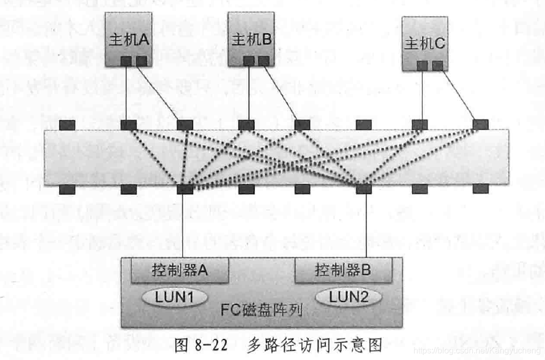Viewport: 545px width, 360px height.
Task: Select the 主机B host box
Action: (251, 39)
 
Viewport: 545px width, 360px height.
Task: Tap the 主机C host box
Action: (424, 43)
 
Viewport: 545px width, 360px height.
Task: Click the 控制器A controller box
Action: (180, 270)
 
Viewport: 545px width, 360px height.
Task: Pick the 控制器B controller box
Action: (343, 270)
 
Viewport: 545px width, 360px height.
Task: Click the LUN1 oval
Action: (174, 297)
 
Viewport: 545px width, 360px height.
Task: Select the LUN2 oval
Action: (355, 297)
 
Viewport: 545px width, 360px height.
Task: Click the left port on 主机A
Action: (126, 61)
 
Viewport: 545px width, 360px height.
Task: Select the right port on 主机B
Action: (264, 61)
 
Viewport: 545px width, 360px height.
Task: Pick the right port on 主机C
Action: (437, 65)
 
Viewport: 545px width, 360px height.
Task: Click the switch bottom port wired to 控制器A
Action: (185, 189)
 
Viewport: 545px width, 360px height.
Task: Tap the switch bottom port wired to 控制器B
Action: (364, 189)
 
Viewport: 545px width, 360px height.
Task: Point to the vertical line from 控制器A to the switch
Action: (184, 224)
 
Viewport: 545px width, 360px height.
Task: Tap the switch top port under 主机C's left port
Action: (420, 125)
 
